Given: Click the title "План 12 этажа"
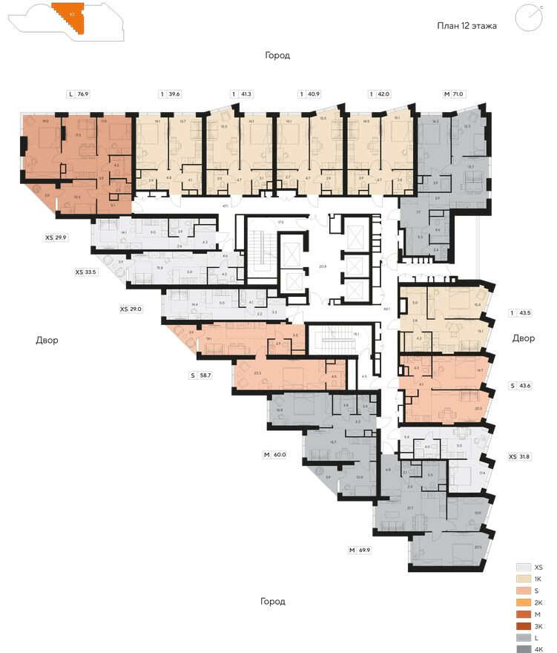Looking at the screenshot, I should pyautogui.click(x=466, y=26).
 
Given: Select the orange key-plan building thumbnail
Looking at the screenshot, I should pyautogui.click(x=73, y=16).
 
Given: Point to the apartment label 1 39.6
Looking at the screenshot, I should pyautogui.click(x=170, y=94).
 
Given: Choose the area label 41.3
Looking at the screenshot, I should pyautogui.click(x=246, y=94).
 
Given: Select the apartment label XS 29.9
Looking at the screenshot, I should pyautogui.click(x=57, y=238).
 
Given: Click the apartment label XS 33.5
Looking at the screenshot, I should pyautogui.click(x=86, y=272).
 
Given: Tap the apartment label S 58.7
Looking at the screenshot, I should pyautogui.click(x=200, y=376).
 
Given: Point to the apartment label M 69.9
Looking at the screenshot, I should pyautogui.click(x=361, y=550).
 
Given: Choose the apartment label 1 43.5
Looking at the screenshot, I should pyautogui.click(x=522, y=312).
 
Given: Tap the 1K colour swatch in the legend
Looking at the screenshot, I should pyautogui.click(x=524, y=578).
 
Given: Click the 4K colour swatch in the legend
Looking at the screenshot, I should pyautogui.click(x=524, y=649).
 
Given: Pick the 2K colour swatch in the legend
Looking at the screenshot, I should pyautogui.click(x=524, y=602).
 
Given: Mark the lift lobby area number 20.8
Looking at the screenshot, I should pyautogui.click(x=322, y=266).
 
